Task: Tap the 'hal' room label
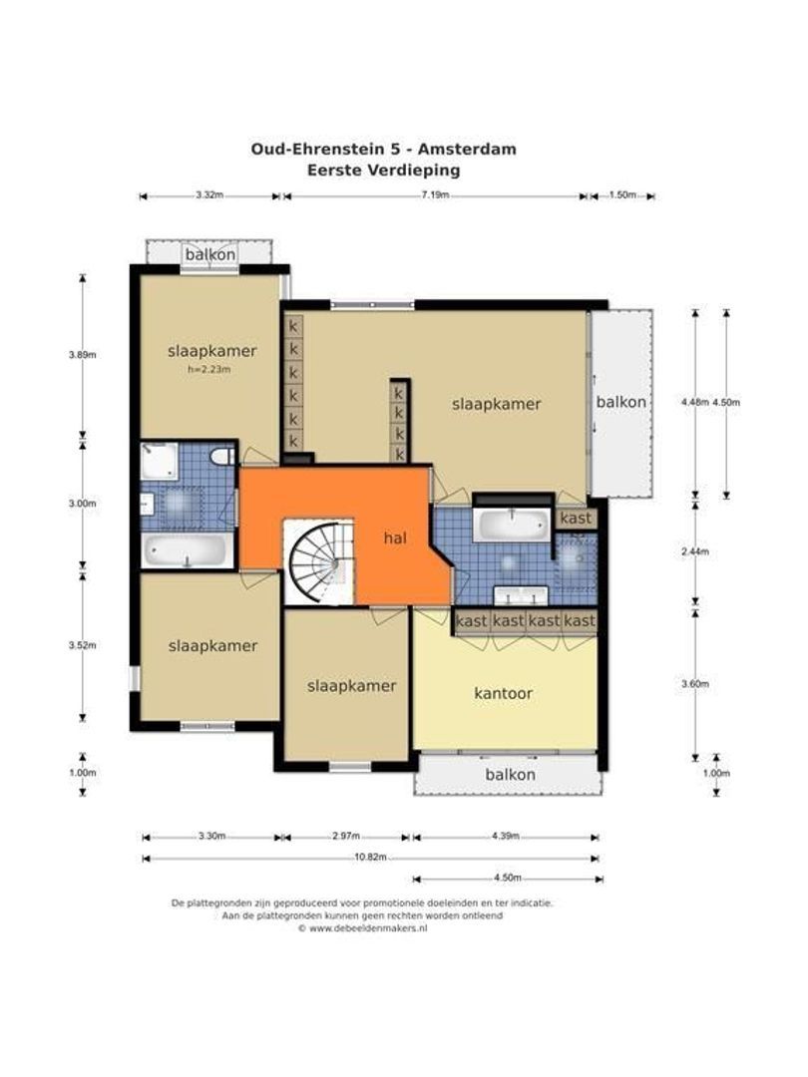tap(395, 538)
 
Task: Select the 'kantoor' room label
tap(503, 694)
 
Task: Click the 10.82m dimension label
tap(370, 858)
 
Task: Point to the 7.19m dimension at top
tap(436, 194)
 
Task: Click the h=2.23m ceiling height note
tap(208, 369)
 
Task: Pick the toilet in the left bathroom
tap(221, 456)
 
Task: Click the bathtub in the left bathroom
tap(187, 551)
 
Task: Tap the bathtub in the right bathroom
tap(513, 525)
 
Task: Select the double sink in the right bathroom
tap(520, 595)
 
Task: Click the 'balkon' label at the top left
tap(210, 254)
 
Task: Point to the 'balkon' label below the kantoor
tap(510, 775)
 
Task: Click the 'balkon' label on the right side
tap(621, 402)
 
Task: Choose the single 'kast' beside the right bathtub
tap(576, 518)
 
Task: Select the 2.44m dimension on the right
tap(694, 551)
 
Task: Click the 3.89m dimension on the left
tap(82, 355)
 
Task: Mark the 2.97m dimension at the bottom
tap(345, 836)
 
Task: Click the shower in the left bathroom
tap(160, 461)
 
